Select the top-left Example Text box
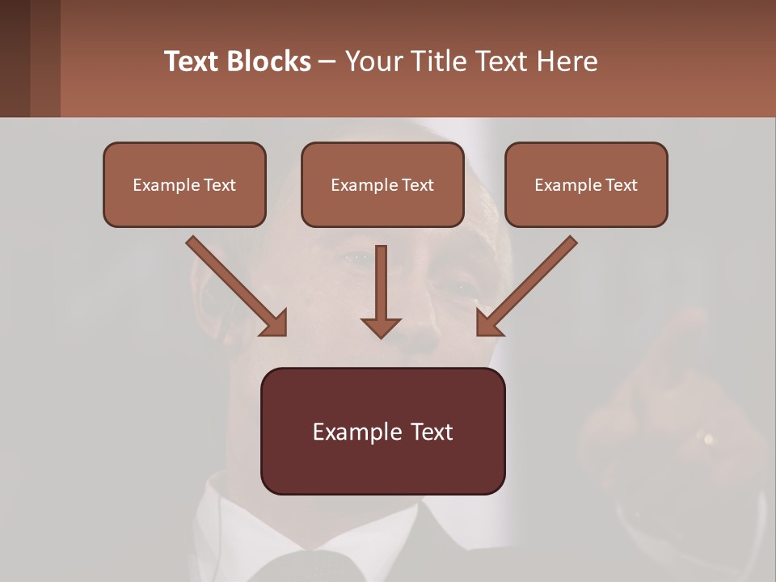pyautogui.click(x=184, y=184)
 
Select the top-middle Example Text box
pyautogui.click(x=382, y=184)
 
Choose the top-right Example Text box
pyautogui.click(x=586, y=184)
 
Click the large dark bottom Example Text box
pyautogui.click(x=382, y=431)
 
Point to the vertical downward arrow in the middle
pyautogui.click(x=381, y=283)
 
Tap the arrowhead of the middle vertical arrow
pyautogui.click(x=381, y=327)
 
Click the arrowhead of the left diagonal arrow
pyautogui.click(x=275, y=323)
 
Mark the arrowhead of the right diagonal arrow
pyautogui.click(x=488, y=323)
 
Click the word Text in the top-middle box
pyautogui.click(x=417, y=185)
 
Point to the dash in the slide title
pyautogui.click(x=327, y=61)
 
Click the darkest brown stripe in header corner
pyautogui.click(x=15, y=58)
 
